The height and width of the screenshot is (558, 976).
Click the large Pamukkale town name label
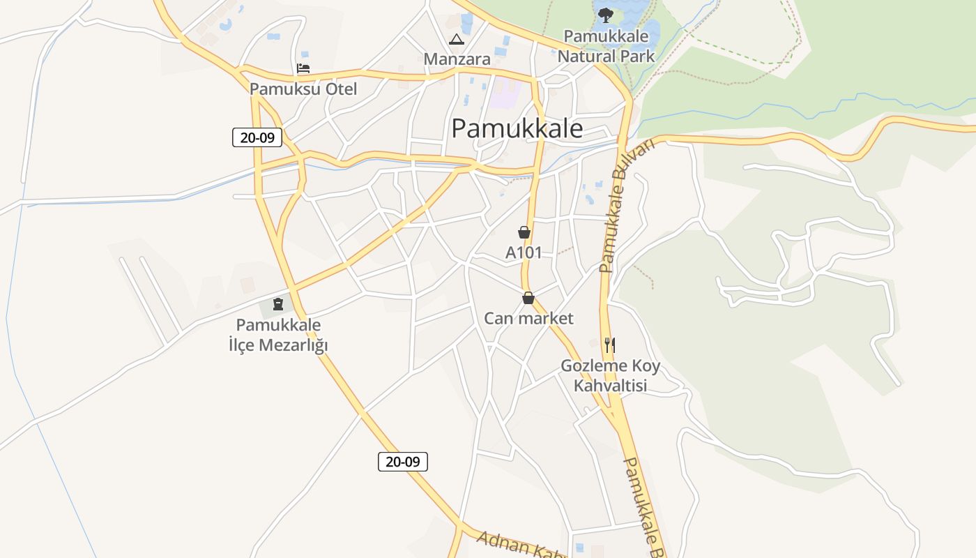pyautogui.click(x=517, y=128)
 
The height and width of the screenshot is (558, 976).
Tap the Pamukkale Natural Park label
pyautogui.click(x=606, y=46)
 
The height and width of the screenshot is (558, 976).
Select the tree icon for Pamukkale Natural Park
pyautogui.click(x=605, y=15)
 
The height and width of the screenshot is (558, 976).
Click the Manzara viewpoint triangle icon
pyautogui.click(x=456, y=40)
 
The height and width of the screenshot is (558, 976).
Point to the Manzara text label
pyautogui.click(x=457, y=59)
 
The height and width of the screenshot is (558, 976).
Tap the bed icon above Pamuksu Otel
pyautogui.click(x=303, y=68)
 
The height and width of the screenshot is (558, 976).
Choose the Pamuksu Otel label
pyautogui.click(x=303, y=89)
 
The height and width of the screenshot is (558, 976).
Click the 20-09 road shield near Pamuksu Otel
pyautogui.click(x=257, y=137)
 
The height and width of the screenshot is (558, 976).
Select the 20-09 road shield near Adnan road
pyautogui.click(x=403, y=461)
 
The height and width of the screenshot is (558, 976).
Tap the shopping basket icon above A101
pyautogui.click(x=524, y=232)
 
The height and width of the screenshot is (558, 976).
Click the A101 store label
pyautogui.click(x=524, y=252)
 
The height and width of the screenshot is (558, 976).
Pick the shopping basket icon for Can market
pyautogui.click(x=528, y=299)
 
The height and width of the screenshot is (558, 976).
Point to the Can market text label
pyautogui.click(x=528, y=319)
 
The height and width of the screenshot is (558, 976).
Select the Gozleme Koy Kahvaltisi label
pyautogui.click(x=611, y=376)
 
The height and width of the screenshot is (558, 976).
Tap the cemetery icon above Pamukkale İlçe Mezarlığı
pyautogui.click(x=278, y=304)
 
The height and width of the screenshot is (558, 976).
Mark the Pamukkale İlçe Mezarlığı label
pyautogui.click(x=278, y=335)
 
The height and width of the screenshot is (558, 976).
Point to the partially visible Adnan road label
pyautogui.click(x=519, y=544)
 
